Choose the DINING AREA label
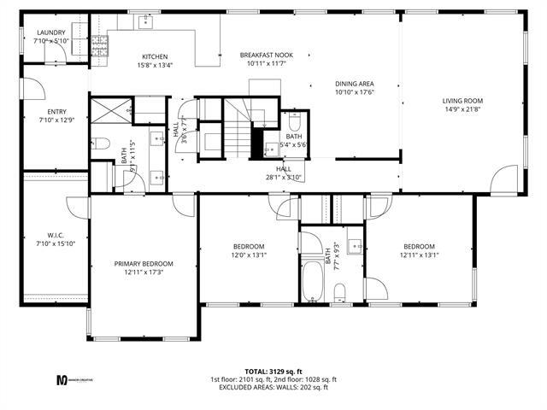(355, 84)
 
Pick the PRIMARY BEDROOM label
(144, 264)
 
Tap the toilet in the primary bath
(97, 143)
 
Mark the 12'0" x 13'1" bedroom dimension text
(249, 255)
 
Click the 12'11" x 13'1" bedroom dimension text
(419, 255)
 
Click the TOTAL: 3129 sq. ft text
(273, 372)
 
